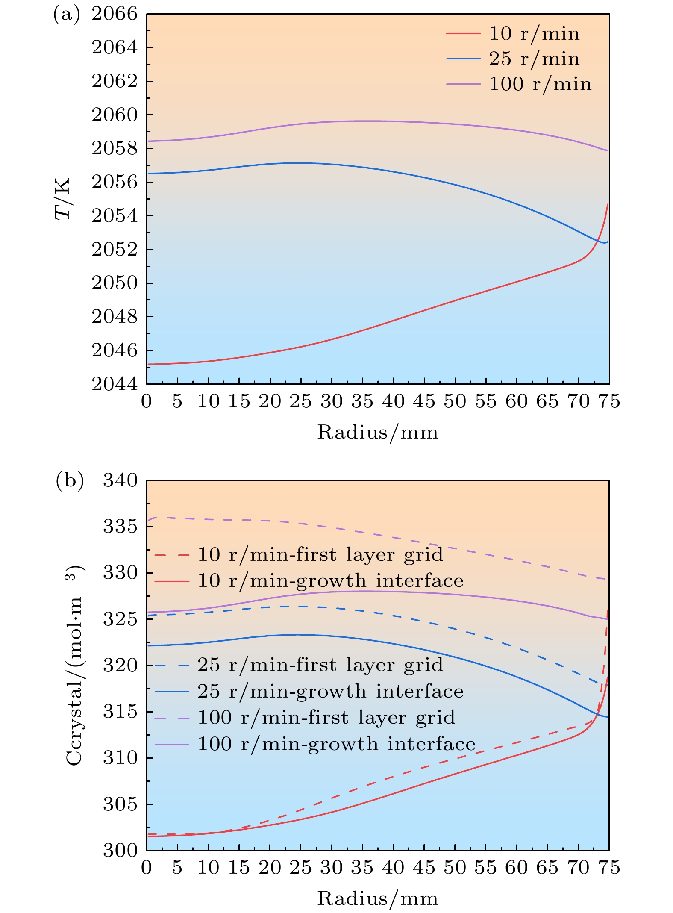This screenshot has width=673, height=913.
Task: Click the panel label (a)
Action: pos(66,15)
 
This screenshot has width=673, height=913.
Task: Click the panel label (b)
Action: pos(70,480)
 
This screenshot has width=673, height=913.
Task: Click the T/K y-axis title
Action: pos(63,199)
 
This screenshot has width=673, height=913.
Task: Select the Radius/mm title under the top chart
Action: pos(378,432)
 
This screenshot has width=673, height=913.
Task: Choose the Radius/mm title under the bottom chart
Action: pos(378,898)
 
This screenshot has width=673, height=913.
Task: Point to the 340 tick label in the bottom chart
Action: pos(120,480)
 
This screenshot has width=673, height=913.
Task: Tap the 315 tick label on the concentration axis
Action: pos(120,712)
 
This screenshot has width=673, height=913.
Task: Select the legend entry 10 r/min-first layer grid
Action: pos(320,555)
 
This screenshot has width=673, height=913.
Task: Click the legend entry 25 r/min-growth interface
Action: pos(330,692)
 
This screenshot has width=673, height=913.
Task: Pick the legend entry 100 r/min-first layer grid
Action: pos(326,718)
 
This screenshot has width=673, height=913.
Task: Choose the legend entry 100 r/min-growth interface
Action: pos(336,744)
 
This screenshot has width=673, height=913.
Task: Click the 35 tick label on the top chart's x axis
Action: pos(362,402)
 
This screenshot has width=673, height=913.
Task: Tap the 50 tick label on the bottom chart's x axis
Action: pos(455,868)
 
